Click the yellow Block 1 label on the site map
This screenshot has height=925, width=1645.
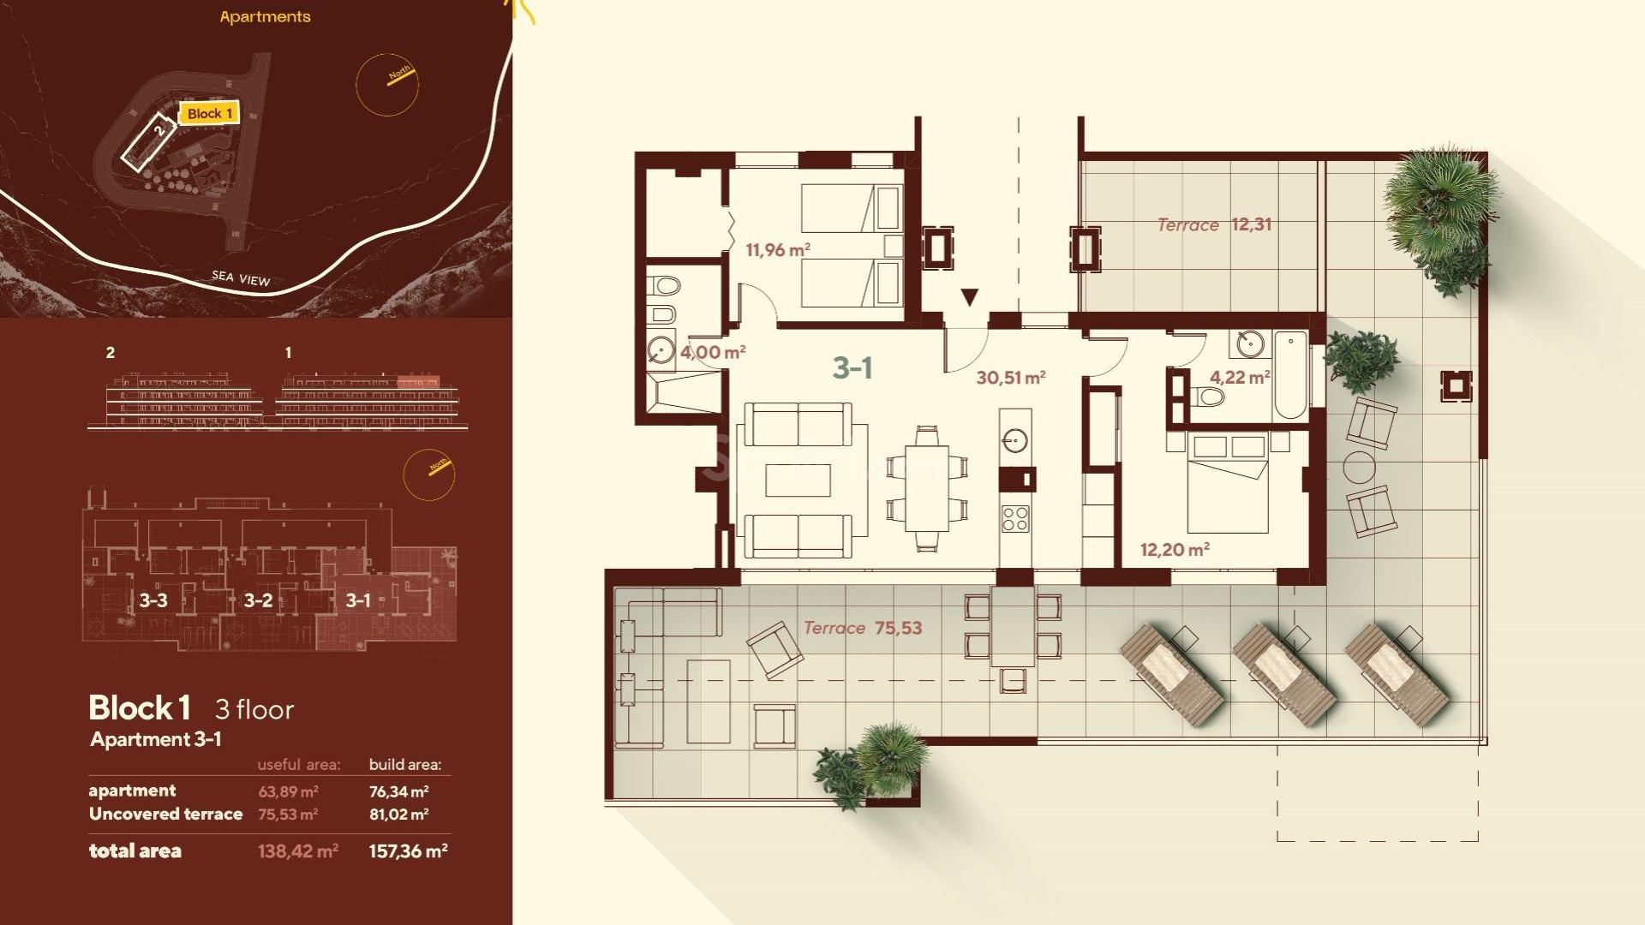pos(209,113)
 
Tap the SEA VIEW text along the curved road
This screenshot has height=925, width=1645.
pos(241,277)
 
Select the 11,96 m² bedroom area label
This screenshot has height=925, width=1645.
pos(777,250)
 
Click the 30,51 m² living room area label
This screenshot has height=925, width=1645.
pos(1010,378)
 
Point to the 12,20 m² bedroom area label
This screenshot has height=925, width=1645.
pos(1174,550)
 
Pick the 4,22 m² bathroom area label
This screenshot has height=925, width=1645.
pos(1239,377)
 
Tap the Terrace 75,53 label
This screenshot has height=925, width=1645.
pos(863,628)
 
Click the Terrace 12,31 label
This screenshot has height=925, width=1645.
pos(1214,224)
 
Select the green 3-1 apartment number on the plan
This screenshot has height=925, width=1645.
pos(852,368)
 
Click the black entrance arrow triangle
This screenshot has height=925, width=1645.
pos(969,297)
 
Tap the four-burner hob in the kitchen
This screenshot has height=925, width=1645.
pos(1015,518)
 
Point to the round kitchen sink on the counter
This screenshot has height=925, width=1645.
pos(1014,441)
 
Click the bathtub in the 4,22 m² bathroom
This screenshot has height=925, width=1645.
pos(1290,375)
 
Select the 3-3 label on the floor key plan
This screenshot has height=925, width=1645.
pos(153,600)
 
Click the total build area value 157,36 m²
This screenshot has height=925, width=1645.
pos(408,851)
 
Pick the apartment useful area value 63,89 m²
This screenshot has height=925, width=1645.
pos(288,791)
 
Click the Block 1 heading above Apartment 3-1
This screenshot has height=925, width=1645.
pos(140,708)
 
